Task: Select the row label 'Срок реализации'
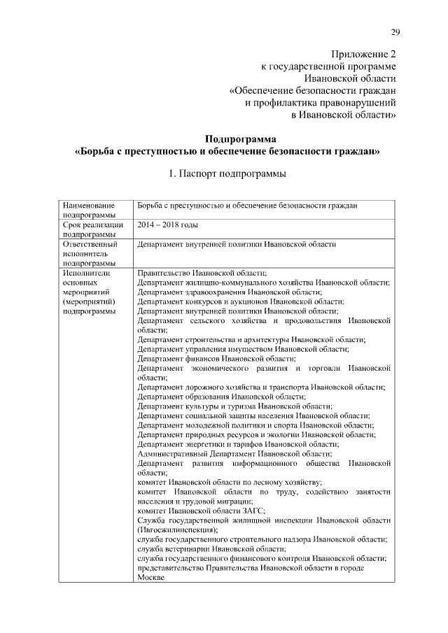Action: click(x=93, y=225)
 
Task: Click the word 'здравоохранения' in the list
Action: click(x=211, y=292)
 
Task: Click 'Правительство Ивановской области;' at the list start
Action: click(x=202, y=273)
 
